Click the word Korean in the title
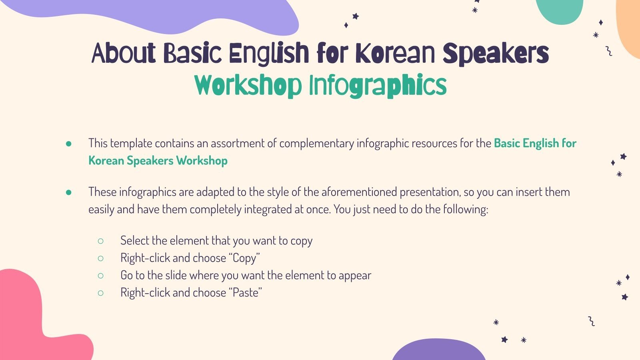click(x=395, y=53)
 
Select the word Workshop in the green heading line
click(x=248, y=86)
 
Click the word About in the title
click(x=123, y=53)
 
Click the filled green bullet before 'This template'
click(x=69, y=144)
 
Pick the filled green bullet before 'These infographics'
click(x=69, y=192)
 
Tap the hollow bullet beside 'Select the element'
click(x=100, y=241)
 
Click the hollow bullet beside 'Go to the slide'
click(x=100, y=276)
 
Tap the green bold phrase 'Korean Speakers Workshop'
click(x=158, y=161)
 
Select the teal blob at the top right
click(x=560, y=10)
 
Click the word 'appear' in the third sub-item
click(x=355, y=276)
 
